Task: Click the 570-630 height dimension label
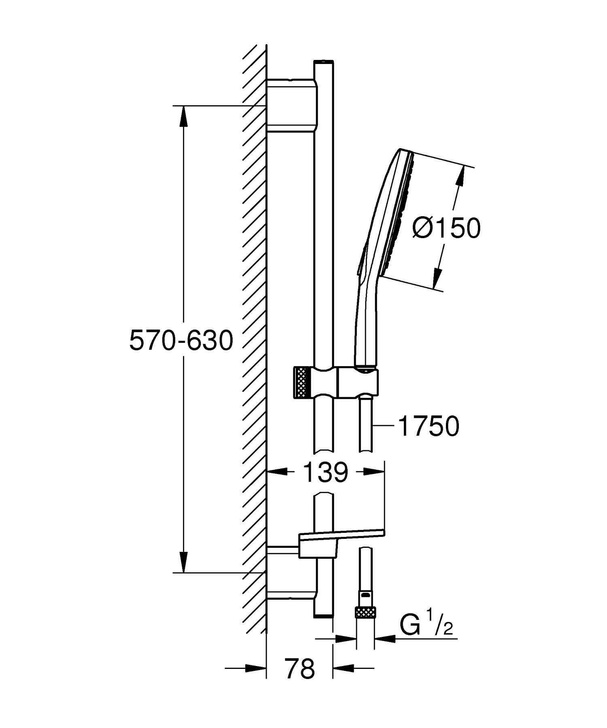[181, 340]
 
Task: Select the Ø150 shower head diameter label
[446, 228]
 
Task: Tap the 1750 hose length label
[429, 426]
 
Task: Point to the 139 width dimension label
[325, 472]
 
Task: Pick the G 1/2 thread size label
[426, 626]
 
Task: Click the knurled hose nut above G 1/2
[365, 612]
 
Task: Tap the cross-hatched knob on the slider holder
[301, 382]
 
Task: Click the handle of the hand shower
[364, 324]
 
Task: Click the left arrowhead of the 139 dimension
[277, 471]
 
